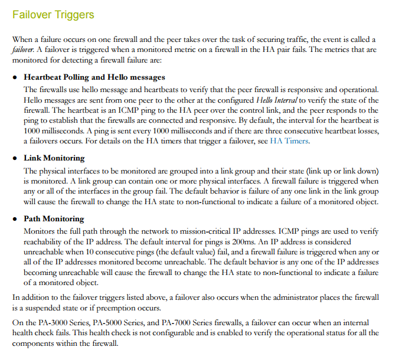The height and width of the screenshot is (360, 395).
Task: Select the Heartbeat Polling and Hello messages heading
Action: (x=94, y=77)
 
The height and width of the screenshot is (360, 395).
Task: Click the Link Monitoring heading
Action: (x=54, y=158)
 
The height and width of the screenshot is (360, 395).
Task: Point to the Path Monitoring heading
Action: (x=54, y=219)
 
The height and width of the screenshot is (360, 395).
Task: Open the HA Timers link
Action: (x=289, y=142)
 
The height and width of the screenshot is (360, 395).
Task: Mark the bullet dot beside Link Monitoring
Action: (x=16, y=159)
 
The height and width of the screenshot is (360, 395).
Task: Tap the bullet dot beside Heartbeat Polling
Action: (x=16, y=78)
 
